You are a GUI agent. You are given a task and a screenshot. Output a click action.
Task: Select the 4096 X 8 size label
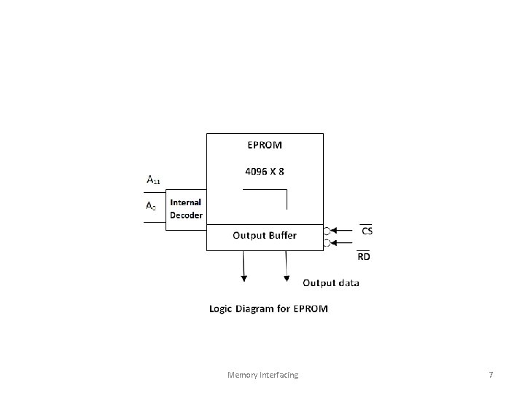click(x=264, y=172)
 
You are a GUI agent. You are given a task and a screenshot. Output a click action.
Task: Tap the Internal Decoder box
click(x=186, y=210)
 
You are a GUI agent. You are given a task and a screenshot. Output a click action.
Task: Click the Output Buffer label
click(x=265, y=235)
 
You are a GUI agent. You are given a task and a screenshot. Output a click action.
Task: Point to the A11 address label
click(x=154, y=180)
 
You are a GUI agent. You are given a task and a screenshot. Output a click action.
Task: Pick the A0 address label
click(x=151, y=207)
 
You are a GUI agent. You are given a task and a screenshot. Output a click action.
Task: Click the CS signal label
click(x=367, y=231)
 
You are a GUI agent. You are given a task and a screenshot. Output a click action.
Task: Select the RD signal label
click(x=363, y=256)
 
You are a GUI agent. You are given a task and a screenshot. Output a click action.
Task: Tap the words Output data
click(x=330, y=282)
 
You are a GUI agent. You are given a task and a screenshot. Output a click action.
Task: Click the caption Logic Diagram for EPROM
click(x=268, y=309)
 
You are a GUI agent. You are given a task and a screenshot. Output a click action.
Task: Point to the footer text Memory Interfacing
click(x=262, y=375)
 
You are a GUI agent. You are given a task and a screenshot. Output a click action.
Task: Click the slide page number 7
click(x=491, y=375)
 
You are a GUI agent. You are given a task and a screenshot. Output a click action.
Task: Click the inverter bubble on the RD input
click(x=327, y=243)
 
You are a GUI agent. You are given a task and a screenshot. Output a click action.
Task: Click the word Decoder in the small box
click(x=187, y=215)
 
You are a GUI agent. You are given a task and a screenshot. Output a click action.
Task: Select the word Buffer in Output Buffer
click(x=282, y=235)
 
